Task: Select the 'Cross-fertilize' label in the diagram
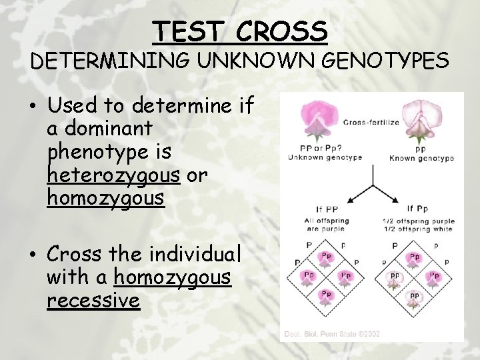pyautogui.click(x=371, y=122)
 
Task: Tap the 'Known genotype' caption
pyautogui.click(x=421, y=158)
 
